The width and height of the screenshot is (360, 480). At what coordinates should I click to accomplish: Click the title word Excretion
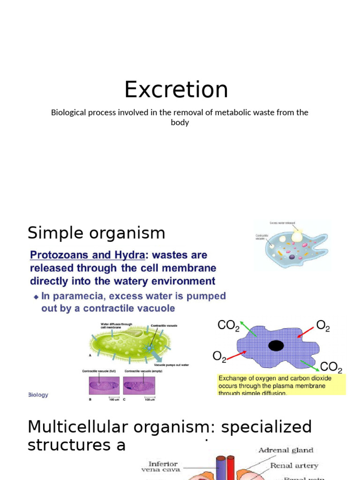[x=176, y=90]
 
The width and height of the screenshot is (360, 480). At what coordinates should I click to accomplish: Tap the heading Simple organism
[x=96, y=233]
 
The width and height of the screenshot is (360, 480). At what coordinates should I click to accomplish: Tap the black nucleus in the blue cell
[x=276, y=345]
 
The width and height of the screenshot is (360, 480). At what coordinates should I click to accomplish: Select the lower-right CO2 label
[x=330, y=367]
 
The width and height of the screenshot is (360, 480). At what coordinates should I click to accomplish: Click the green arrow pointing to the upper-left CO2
[x=248, y=329]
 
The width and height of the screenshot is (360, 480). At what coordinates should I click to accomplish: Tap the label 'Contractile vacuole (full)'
[x=99, y=371]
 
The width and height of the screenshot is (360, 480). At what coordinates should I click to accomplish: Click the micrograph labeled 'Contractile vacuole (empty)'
[x=139, y=385]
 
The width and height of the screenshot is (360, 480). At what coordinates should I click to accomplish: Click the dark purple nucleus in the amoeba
[x=292, y=257]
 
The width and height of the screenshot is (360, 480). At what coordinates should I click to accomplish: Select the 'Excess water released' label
[x=282, y=224]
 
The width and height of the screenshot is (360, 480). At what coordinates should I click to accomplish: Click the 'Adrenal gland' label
[x=285, y=450]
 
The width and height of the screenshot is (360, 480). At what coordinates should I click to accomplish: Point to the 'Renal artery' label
[x=294, y=465]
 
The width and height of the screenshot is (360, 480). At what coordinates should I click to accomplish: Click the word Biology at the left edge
[x=38, y=395]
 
